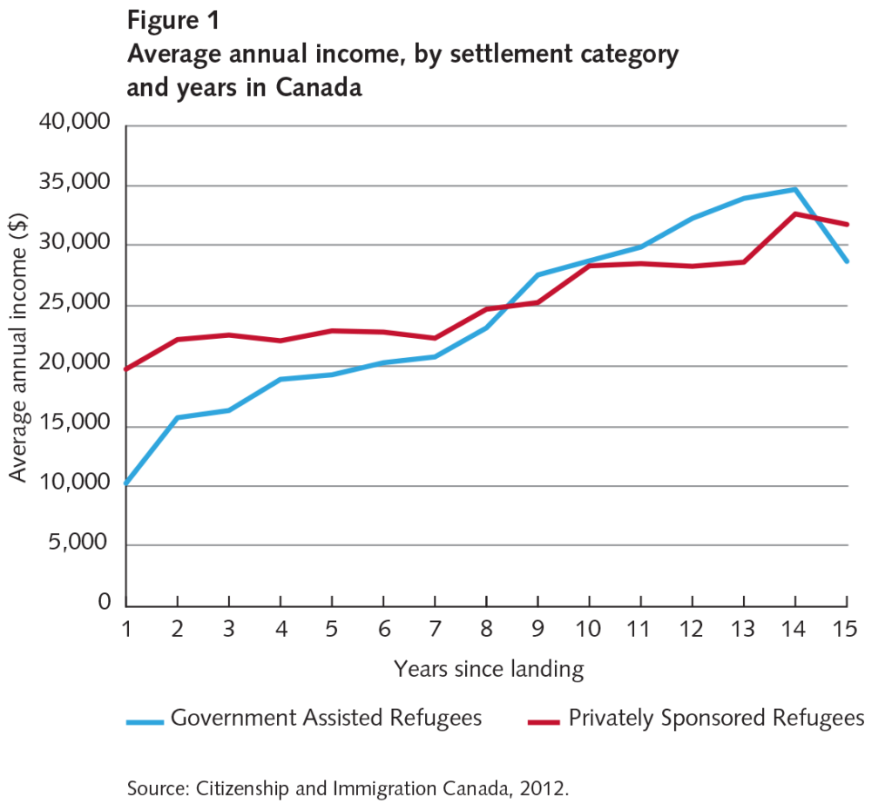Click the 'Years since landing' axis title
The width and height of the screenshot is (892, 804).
[x=488, y=669]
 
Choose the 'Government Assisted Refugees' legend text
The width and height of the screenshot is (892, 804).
[x=325, y=719]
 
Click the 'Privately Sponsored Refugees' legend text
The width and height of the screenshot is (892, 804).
[x=715, y=719]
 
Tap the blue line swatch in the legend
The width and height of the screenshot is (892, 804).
[x=144, y=721]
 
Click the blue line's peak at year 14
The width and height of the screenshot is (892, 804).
[x=794, y=188]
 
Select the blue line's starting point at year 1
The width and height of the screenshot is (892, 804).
[x=127, y=483]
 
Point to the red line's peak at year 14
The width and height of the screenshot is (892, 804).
[x=794, y=213]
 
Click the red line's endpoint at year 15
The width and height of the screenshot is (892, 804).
[x=848, y=225]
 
